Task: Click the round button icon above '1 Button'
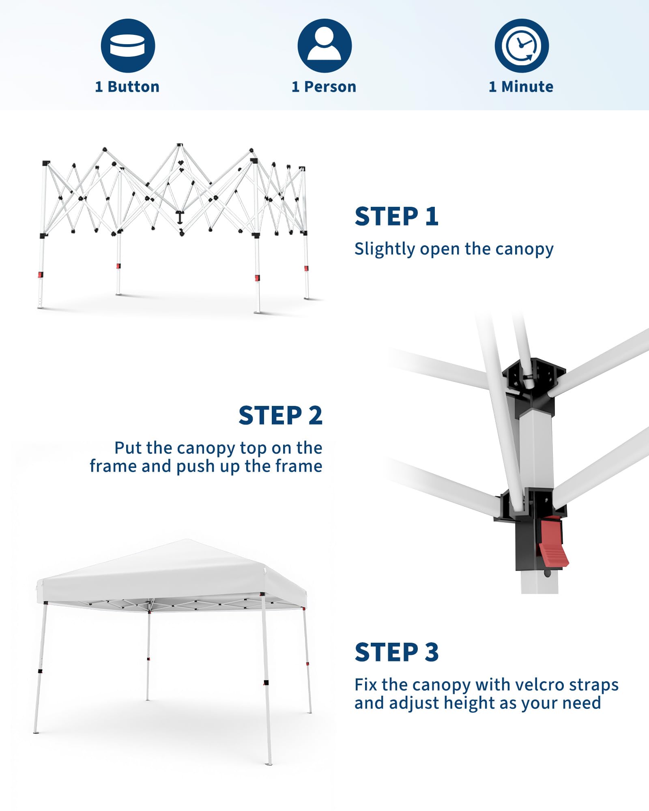point(128,45)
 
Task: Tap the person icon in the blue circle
point(324,45)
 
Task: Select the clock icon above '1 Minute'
point(522,45)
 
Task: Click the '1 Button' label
point(127,87)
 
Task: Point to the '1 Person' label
point(324,87)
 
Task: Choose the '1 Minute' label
point(521,87)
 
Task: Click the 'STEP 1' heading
point(397,216)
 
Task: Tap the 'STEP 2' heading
point(281,416)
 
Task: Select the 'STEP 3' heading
point(397,652)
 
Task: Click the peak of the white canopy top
point(187,540)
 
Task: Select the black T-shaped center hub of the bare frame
point(180,217)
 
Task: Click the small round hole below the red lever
point(548,573)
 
